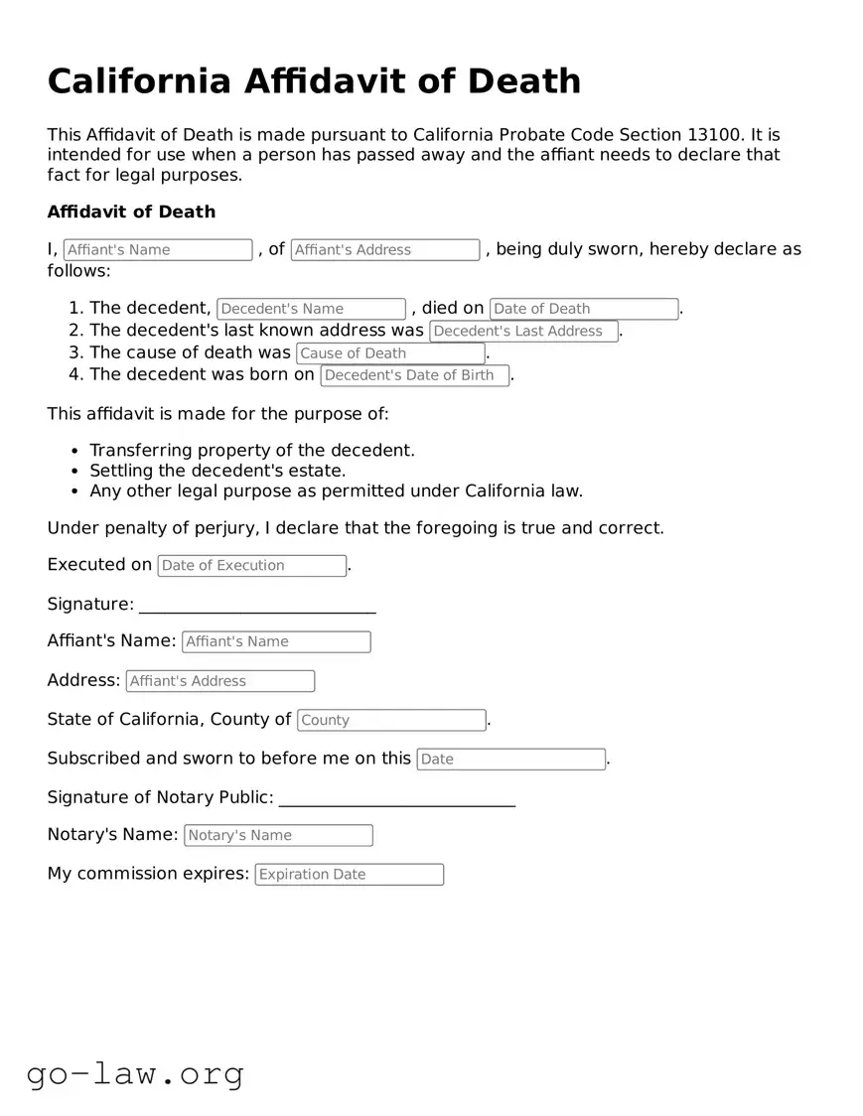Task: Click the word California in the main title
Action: [138, 81]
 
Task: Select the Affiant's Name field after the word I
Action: [158, 250]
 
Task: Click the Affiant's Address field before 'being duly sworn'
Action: [385, 250]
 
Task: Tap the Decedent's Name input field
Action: [311, 309]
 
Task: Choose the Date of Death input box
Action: [584, 309]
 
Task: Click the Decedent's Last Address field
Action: [523, 332]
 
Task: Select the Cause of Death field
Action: [390, 353]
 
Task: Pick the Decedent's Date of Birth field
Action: [414, 375]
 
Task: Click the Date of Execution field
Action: [251, 566]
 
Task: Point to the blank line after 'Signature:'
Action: [257, 607]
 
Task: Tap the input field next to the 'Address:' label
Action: [219, 681]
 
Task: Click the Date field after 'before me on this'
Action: [510, 760]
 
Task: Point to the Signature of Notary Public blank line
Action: [397, 800]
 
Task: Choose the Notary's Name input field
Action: [278, 836]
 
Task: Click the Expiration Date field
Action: [349, 875]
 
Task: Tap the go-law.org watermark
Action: [135, 1073]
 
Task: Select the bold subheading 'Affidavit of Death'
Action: [131, 211]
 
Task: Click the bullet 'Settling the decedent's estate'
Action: [217, 471]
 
